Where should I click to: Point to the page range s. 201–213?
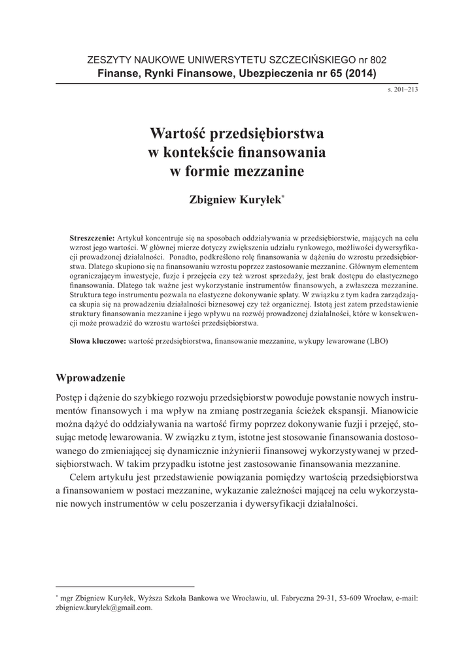[x=403, y=89]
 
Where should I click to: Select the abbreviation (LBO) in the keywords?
[x=381, y=342]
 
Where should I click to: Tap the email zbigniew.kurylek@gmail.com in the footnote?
[x=105, y=607]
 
